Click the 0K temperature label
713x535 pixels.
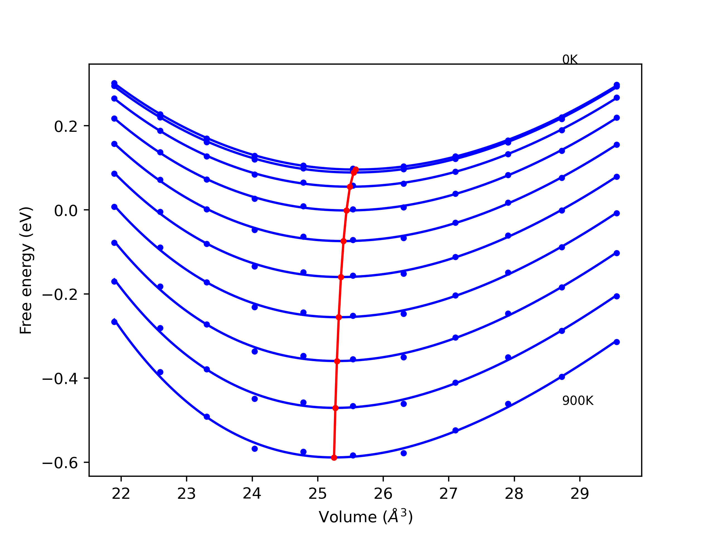[570, 60]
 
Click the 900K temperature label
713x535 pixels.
[578, 401]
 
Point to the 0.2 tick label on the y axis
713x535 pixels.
[66, 127]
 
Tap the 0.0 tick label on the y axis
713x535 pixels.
[66, 211]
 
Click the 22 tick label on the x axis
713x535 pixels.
[121, 494]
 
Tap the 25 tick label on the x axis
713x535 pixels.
[318, 494]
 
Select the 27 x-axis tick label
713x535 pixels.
[449, 494]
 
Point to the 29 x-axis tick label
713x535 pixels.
[580, 494]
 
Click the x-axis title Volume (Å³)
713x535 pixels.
[365, 517]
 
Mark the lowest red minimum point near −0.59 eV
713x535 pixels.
[334, 458]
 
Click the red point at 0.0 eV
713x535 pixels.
[346, 211]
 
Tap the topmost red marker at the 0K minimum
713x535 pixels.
[356, 169]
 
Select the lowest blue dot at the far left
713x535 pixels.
[114, 322]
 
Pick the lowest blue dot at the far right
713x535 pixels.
[617, 342]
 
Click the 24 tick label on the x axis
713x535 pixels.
[252, 494]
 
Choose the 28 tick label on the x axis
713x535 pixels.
[514, 494]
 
